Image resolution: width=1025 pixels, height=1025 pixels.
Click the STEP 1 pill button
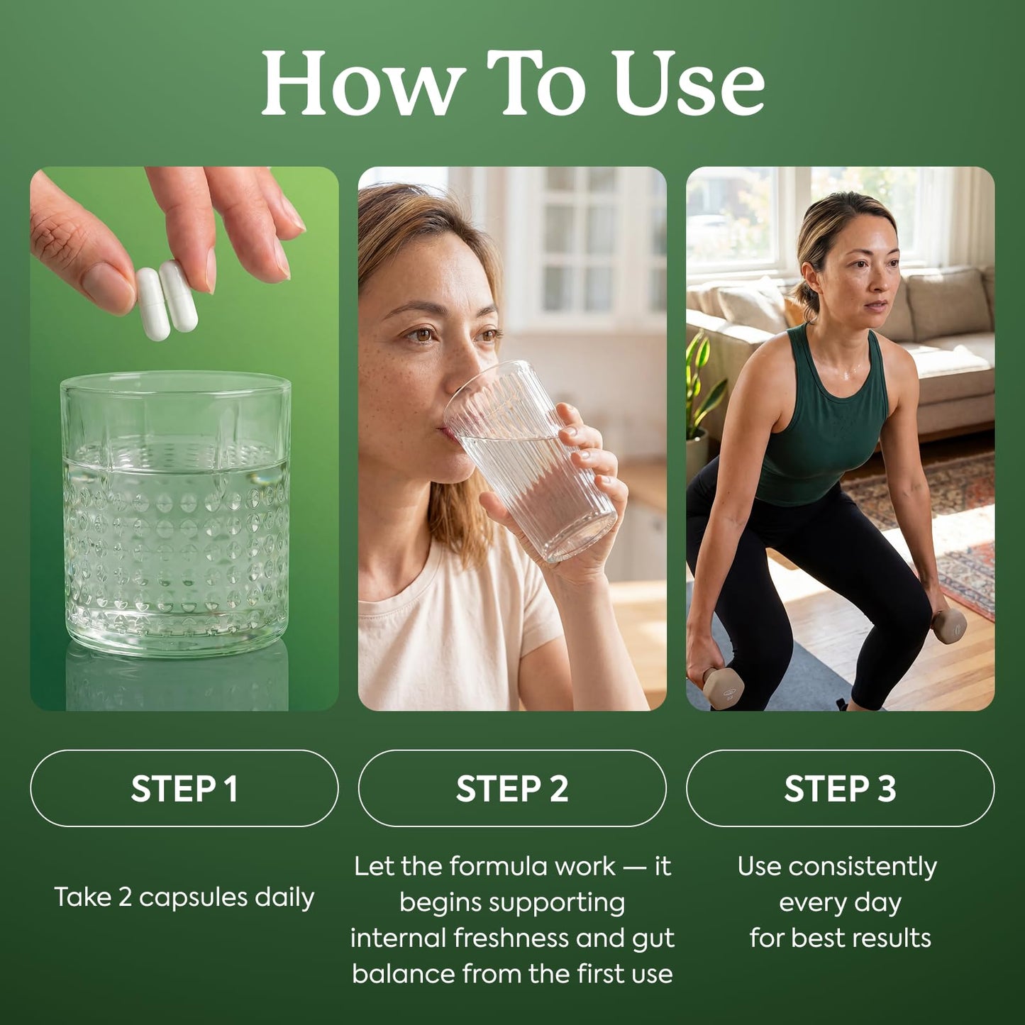184,788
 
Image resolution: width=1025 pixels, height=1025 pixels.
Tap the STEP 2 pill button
512,788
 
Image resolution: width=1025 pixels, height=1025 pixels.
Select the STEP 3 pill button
841,788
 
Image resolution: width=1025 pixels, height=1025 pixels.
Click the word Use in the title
691,84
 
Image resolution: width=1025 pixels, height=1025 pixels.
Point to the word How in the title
360,84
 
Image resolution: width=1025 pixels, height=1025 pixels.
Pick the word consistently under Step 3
863,868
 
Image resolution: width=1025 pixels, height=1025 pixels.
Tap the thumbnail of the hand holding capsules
184,439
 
